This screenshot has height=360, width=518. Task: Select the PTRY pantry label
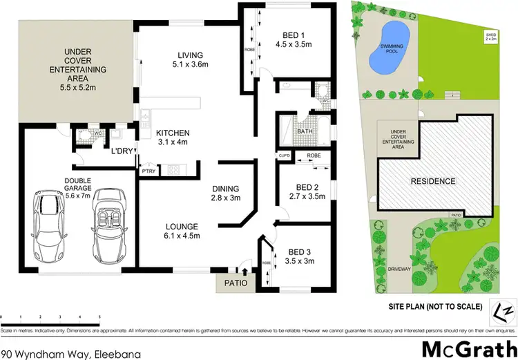[148, 170]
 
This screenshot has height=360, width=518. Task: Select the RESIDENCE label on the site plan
[434, 182]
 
